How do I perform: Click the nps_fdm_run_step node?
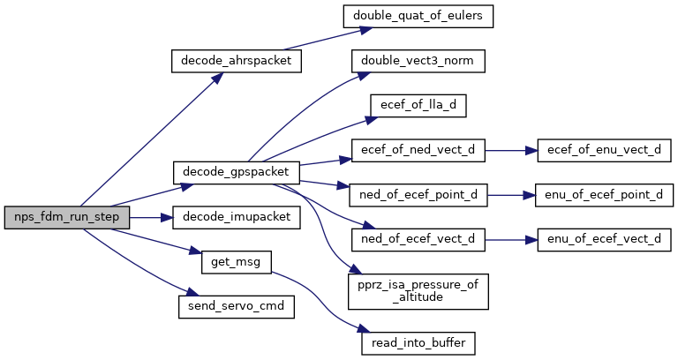click(x=67, y=217)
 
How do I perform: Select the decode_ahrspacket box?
click(x=236, y=61)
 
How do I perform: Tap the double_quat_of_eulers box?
click(x=418, y=17)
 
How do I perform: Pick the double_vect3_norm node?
click(x=418, y=61)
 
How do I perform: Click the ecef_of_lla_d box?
click(x=418, y=106)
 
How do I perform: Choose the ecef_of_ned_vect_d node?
click(x=418, y=150)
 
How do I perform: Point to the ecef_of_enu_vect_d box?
click(x=604, y=150)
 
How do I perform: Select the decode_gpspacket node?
click(x=236, y=172)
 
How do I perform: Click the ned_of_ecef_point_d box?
click(x=418, y=195)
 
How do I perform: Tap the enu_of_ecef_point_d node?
click(x=604, y=195)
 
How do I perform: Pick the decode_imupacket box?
click(x=236, y=217)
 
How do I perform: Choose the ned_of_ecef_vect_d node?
click(x=418, y=239)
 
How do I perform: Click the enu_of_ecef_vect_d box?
click(x=604, y=239)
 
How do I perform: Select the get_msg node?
click(x=236, y=262)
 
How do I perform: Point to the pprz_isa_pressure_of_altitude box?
click(x=418, y=291)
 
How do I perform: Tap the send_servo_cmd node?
click(x=236, y=307)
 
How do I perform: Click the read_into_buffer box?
click(x=418, y=343)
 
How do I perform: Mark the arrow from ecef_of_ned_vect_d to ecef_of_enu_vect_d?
click(x=511, y=150)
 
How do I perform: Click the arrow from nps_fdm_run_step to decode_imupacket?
click(x=151, y=217)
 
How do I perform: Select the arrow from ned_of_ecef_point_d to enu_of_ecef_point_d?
click(x=511, y=195)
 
